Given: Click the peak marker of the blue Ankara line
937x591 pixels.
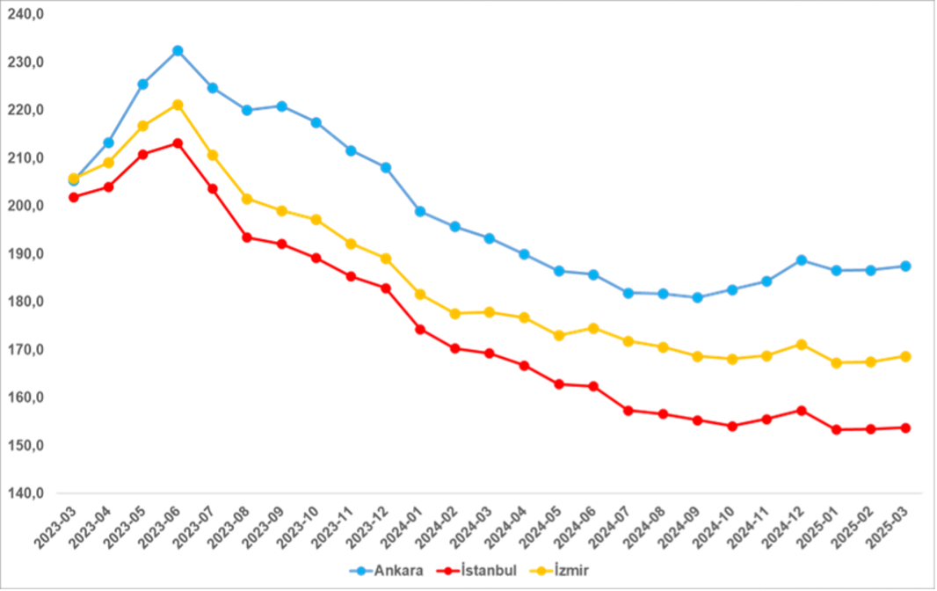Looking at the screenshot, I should click(x=178, y=51).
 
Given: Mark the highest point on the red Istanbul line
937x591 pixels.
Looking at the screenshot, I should click(x=178, y=142).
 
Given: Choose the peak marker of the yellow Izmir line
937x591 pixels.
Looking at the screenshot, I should click(x=178, y=105).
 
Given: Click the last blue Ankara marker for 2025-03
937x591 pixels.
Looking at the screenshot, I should click(x=905, y=266).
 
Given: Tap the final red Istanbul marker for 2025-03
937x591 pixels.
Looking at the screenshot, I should click(x=905, y=427).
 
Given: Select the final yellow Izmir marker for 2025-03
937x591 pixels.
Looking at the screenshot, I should click(x=905, y=356).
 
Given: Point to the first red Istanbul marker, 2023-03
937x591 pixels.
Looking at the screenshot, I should click(x=74, y=197).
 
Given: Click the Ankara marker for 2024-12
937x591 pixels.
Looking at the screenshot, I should click(x=802, y=260).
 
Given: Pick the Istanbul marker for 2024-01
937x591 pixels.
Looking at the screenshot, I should click(x=420, y=329).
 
